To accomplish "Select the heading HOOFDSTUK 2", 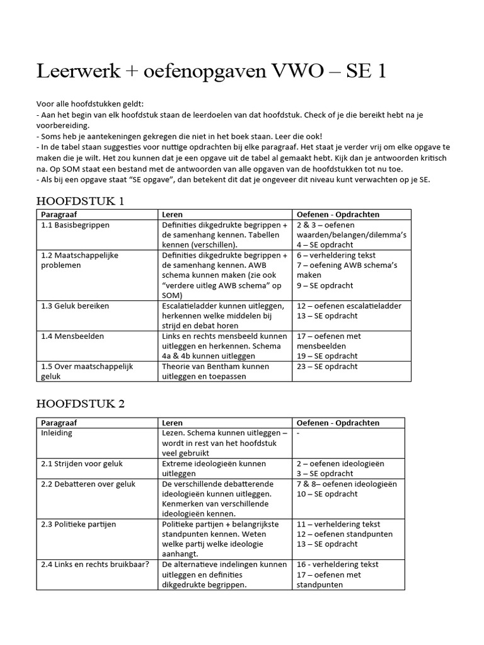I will [x=81, y=404].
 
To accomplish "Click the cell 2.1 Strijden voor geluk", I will [x=82, y=464].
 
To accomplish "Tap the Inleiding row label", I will [x=57, y=433].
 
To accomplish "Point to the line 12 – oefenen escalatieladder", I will [x=349, y=306].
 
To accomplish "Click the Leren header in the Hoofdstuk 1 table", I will [x=173, y=215].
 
